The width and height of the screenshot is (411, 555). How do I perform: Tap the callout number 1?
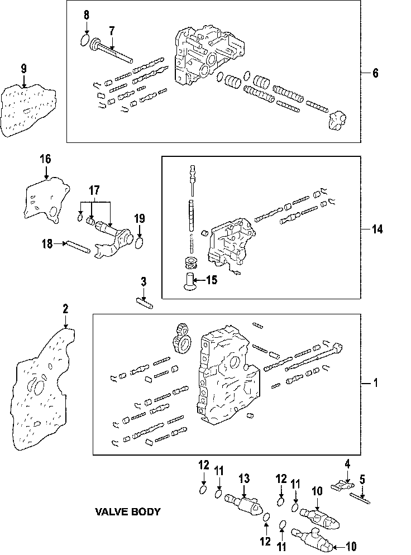(376, 383)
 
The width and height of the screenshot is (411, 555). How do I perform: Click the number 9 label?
(23, 69)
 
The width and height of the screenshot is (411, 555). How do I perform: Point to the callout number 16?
(45, 159)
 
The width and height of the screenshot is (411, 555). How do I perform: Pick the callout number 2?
(65, 309)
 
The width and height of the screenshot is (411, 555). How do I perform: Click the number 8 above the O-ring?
(86, 16)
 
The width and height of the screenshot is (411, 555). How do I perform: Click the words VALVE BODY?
(128, 511)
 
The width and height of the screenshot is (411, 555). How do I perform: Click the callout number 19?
(140, 217)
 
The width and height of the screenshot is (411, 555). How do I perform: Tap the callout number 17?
(94, 190)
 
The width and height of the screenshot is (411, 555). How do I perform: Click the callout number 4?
(347, 463)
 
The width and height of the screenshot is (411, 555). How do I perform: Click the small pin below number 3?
(145, 303)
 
